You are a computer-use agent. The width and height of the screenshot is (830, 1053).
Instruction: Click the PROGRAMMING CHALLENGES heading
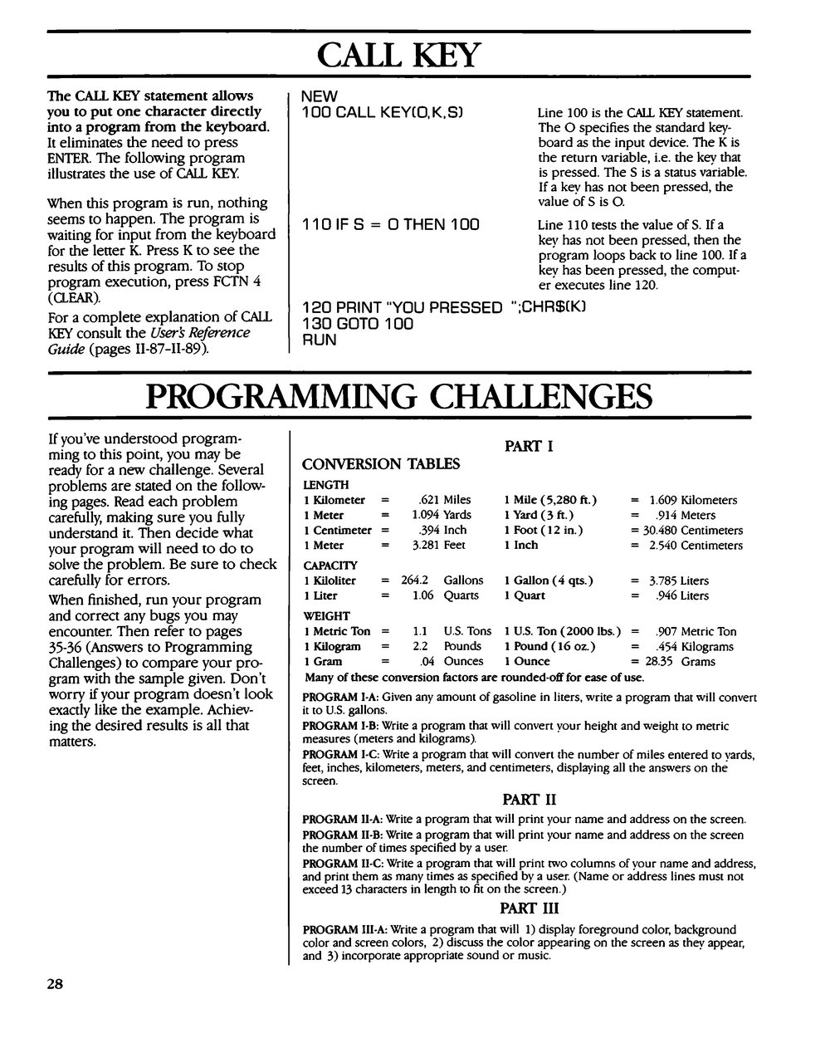point(398,396)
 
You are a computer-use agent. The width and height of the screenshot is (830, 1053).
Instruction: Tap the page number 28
point(55,985)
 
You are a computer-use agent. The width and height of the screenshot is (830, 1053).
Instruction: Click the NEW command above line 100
point(319,96)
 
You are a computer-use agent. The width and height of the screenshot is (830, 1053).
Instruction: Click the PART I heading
point(529,447)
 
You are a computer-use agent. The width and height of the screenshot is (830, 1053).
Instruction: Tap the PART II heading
point(529,800)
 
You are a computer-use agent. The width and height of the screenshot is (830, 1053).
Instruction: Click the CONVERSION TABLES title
point(381,464)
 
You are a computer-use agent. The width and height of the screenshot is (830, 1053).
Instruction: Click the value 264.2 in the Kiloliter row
point(415,580)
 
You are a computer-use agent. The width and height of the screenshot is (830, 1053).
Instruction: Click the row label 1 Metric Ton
point(337,631)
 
